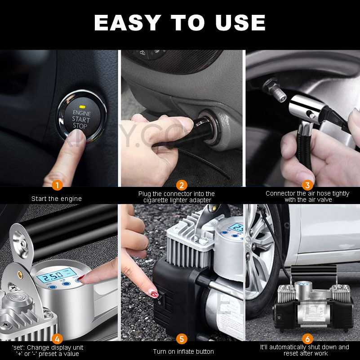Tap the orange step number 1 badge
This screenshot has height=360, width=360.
click(57, 185)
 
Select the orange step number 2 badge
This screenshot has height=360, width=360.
click(182, 185)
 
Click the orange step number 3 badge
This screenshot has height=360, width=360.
click(307, 185)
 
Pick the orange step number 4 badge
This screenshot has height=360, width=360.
click(57, 338)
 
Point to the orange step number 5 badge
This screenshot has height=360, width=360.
click(182, 338)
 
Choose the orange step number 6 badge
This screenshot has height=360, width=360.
click(307, 338)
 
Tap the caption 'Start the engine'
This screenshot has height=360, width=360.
click(57, 198)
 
